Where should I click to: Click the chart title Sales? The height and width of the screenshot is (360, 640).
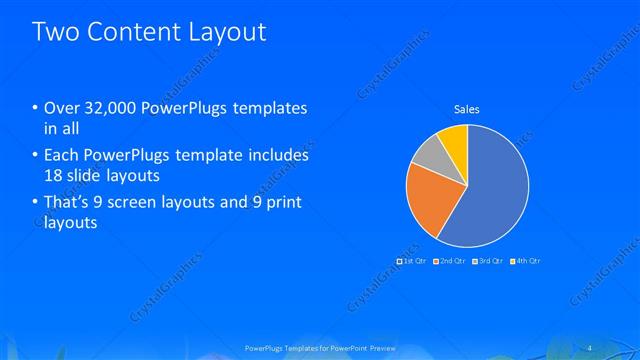pos(467,108)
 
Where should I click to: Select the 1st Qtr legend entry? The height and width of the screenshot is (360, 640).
pos(414,260)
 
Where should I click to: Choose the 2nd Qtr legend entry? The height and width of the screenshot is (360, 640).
pos(449,260)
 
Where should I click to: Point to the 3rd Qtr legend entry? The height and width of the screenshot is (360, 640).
pos(487,260)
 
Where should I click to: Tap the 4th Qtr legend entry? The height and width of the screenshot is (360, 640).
pos(525,260)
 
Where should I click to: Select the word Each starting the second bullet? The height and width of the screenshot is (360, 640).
pos(62,156)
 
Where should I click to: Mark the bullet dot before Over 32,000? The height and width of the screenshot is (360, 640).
pos(36,108)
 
